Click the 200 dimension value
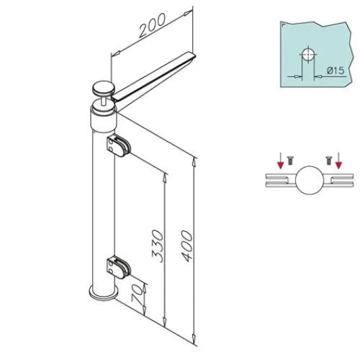coord(152,25)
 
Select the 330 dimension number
coord(158,246)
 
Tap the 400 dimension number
coord(186,246)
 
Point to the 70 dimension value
coord(138,294)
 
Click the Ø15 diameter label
coord(336,71)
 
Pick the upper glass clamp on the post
coord(119,146)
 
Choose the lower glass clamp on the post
coord(119,268)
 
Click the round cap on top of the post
coord(104,89)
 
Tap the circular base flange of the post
coord(104,294)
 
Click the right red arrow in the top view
coord(338,161)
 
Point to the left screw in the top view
coord(289,161)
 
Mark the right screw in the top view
coord(328,161)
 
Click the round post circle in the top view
coord(309,180)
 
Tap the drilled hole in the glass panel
coord(308,55)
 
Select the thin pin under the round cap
coord(104,99)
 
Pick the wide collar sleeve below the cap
coord(103,120)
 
